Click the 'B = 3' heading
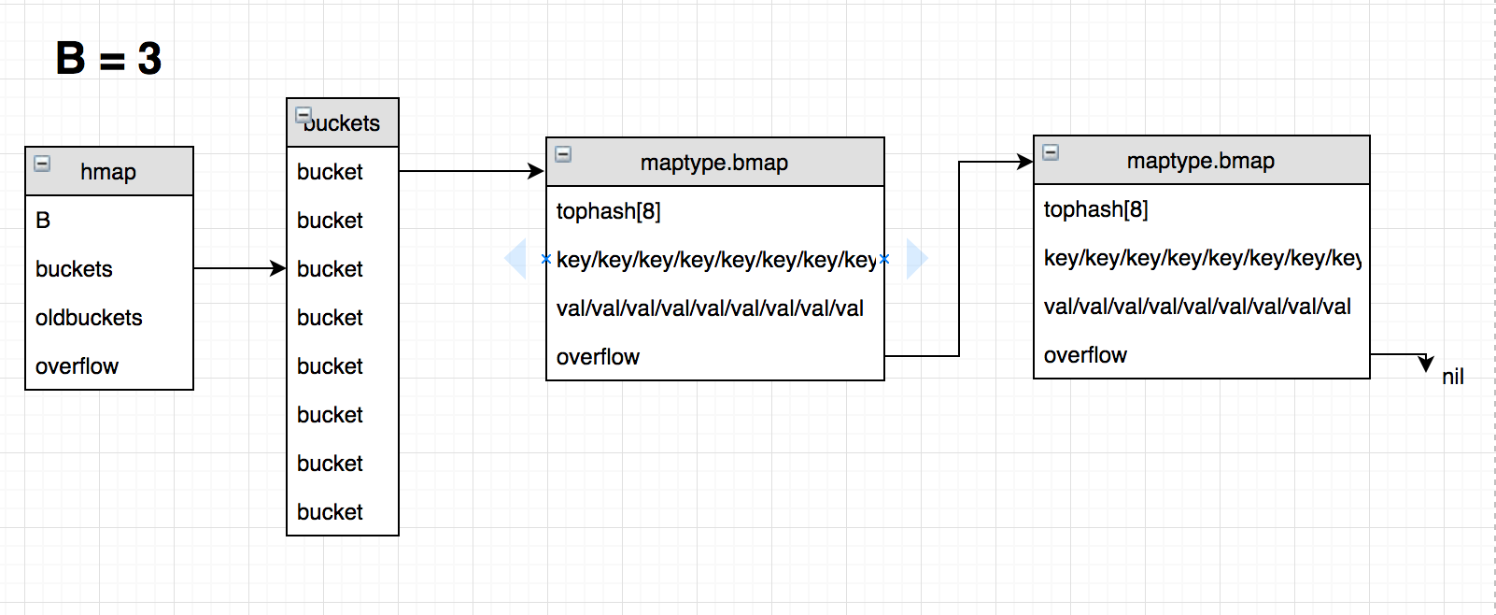[x=108, y=58]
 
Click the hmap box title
[x=108, y=172]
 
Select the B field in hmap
[x=43, y=221]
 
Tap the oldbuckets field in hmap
[x=89, y=318]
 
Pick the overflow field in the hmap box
[x=77, y=366]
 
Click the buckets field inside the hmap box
[x=74, y=269]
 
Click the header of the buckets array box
[x=342, y=123]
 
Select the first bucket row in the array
[x=330, y=172]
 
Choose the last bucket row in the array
[x=330, y=512]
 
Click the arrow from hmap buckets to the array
[x=239, y=268]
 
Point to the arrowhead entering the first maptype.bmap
[x=536, y=171]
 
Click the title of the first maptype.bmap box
[x=714, y=163]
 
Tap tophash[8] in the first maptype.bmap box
[x=609, y=211]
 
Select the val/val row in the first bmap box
[x=710, y=308]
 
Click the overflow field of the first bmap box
[x=598, y=357]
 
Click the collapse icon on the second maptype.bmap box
[x=1051, y=152]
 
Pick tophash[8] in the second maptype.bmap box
[x=1096, y=209]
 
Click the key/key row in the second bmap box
[x=1202, y=258]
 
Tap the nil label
[x=1452, y=377]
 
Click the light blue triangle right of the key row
[x=916, y=259]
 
